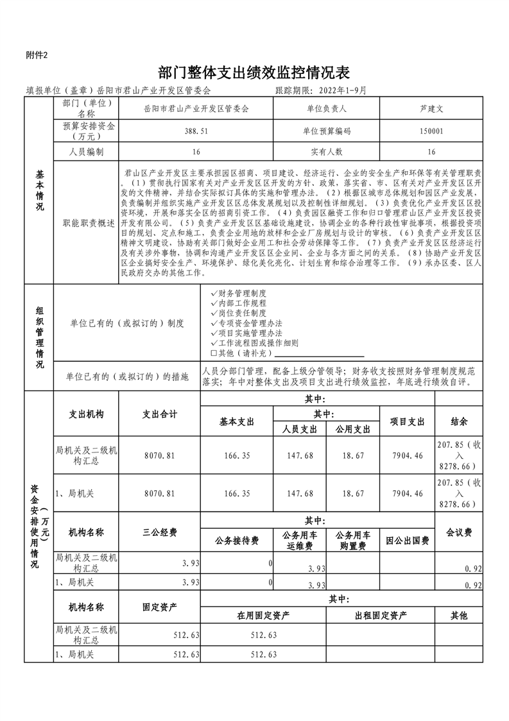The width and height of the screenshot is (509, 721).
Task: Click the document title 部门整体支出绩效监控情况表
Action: coord(255,71)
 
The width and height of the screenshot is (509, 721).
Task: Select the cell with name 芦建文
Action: coord(431,109)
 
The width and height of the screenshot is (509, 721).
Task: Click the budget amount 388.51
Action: coord(196,130)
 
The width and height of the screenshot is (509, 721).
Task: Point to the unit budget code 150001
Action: coord(431,130)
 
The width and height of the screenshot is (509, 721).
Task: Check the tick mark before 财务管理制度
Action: coord(214,292)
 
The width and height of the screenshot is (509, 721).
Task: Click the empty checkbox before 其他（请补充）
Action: coord(214,353)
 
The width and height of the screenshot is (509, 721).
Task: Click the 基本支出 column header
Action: coord(237,422)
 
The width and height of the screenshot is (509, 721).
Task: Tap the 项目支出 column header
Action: coord(407,422)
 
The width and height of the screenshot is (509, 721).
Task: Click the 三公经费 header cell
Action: coord(159,533)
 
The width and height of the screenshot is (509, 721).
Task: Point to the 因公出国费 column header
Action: coord(407,541)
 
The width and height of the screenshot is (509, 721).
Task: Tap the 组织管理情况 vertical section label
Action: coord(40,337)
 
